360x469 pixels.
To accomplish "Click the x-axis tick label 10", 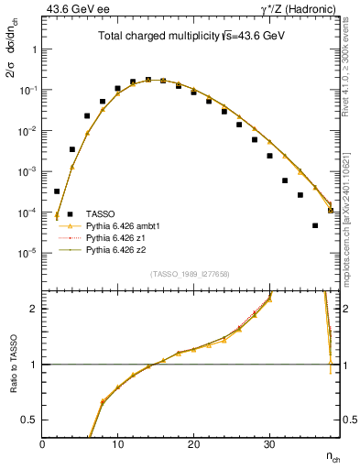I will pyautogui.click(x=117, y=443).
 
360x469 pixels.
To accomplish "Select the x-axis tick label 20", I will pyautogui.click(x=192, y=443).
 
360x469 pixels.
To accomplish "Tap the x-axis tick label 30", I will pyautogui.click(x=267, y=443).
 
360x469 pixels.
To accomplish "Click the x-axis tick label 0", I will pyautogui.click(x=43, y=443).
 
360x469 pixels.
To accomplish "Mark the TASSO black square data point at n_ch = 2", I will pyautogui.click(x=57, y=191).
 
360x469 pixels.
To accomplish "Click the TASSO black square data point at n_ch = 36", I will pyautogui.click(x=315, y=225).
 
